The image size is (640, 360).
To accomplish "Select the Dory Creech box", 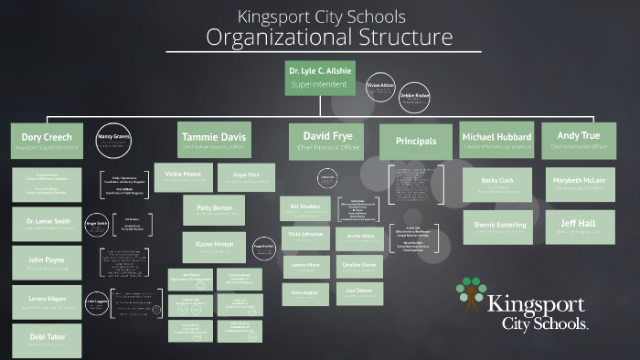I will tap(46, 141).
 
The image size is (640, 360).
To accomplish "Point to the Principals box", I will tap(415, 142).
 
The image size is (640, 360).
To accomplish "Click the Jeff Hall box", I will tap(578, 225).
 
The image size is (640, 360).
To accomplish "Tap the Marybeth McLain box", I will tap(578, 184).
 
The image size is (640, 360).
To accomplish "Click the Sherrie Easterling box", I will tap(497, 226).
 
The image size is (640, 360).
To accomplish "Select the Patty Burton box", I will tap(214, 209).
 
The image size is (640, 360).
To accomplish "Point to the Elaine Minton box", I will tap(214, 247).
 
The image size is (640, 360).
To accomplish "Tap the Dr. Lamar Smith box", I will tap(46, 223).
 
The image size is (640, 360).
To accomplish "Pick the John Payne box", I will tap(46, 263).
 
